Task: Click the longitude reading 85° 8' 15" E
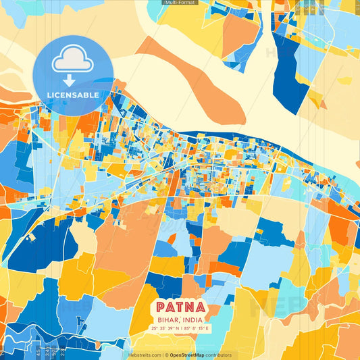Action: (x=197, y=329)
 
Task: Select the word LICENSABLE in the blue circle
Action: (x=73, y=95)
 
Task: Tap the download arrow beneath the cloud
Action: (x=73, y=79)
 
